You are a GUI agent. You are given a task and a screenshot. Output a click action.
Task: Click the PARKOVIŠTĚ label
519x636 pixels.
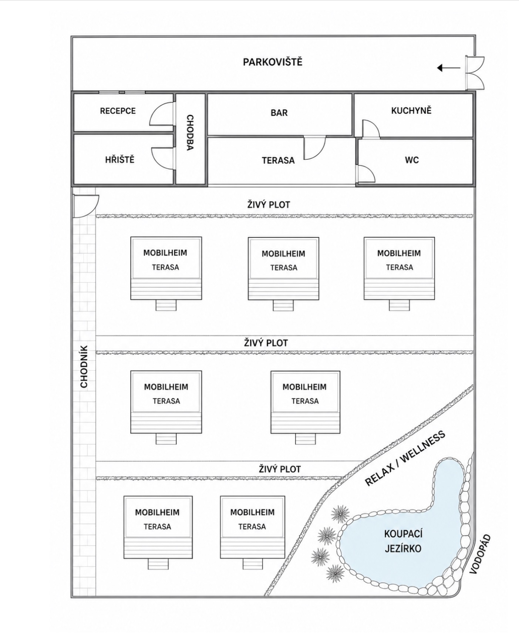[272, 62]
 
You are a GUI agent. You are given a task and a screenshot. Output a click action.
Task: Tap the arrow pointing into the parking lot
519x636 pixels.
[448, 68]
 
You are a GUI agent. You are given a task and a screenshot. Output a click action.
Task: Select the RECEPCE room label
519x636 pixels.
[118, 111]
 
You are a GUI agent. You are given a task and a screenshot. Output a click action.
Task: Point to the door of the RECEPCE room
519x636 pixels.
[161, 114]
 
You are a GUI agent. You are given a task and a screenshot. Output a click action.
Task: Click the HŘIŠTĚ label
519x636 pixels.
[119, 160]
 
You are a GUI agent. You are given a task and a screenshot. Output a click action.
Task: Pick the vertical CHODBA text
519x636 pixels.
[189, 132]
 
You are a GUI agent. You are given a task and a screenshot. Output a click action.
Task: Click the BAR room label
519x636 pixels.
[279, 113]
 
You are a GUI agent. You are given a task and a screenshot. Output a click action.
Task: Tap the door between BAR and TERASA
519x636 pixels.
[315, 148]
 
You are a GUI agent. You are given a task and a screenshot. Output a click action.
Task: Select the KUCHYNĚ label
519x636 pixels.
[411, 111]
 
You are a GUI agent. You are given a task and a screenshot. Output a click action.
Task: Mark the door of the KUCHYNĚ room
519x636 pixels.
[371, 129]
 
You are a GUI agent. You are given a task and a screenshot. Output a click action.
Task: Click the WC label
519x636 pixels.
[412, 160]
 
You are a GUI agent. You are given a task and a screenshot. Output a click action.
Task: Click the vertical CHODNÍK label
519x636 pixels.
[84, 367]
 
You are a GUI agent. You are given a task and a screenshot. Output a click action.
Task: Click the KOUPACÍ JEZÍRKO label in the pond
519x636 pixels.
[403, 541]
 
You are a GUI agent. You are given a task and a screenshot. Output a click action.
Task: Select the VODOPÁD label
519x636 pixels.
[480, 554]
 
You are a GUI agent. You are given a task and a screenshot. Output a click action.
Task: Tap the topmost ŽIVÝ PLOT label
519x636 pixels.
[269, 205]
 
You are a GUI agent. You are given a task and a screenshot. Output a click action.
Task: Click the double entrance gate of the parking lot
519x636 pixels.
[475, 73]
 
